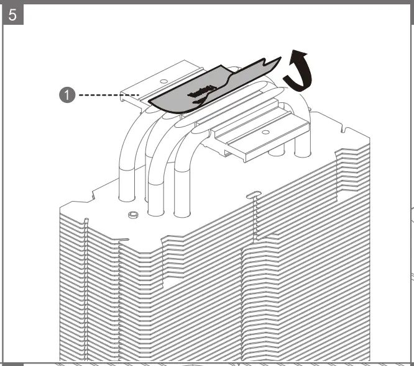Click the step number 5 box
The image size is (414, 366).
pyautogui.click(x=14, y=14)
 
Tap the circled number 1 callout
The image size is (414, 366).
pyautogui.click(x=69, y=96)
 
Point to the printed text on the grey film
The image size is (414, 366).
pyautogui.click(x=200, y=94)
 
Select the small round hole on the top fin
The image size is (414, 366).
pyautogui.click(x=131, y=215)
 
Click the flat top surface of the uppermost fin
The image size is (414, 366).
pyautogui.click(x=205, y=205)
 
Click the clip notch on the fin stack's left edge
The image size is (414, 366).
pyautogui.click(x=86, y=223)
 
